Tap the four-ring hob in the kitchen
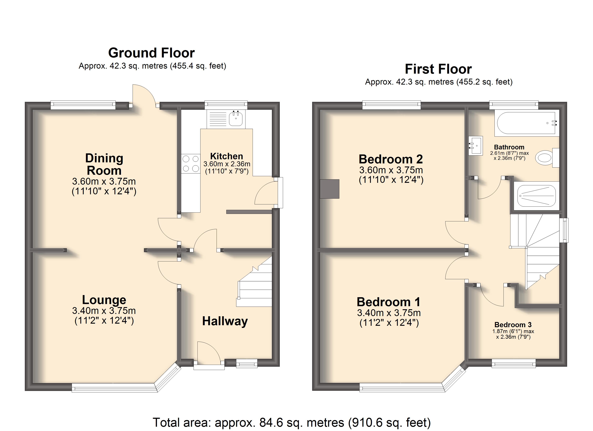click(x=191, y=164)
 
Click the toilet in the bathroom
click(x=547, y=158)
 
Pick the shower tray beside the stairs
click(x=536, y=196)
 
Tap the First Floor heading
click(x=438, y=69)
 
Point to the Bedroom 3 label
click(x=513, y=325)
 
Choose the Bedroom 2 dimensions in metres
click(x=391, y=170)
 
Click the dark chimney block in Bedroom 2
click(x=330, y=189)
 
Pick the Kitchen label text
click(x=227, y=156)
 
